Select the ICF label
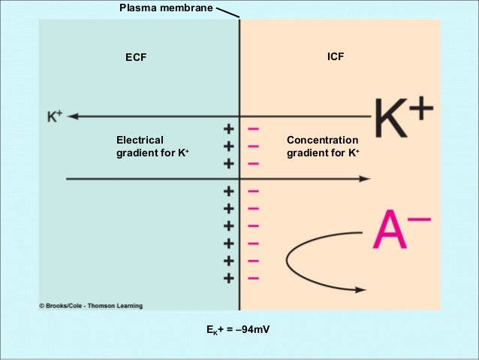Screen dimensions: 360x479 pos(336,56)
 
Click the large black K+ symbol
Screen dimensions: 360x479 pos(403,119)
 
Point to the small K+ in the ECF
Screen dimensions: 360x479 pos(55,116)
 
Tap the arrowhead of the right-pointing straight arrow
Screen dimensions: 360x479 pos(364,179)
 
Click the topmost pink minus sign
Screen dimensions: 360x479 pos(253,129)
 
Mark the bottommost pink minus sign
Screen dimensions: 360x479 pos(253,278)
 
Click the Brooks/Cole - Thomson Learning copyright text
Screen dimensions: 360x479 pos(90,306)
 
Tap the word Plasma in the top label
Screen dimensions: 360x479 pos(138,8)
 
